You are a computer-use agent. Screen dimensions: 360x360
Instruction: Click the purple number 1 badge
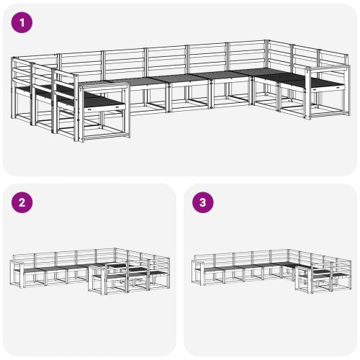point(22,22)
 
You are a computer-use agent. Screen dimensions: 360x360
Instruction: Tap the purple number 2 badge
point(22,202)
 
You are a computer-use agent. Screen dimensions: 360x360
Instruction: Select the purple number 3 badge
point(203,202)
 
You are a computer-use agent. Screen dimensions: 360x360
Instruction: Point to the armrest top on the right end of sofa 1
point(327,68)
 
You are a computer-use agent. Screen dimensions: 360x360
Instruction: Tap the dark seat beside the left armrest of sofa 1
point(104,102)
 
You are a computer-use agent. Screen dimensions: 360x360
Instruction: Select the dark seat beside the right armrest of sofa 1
point(328,84)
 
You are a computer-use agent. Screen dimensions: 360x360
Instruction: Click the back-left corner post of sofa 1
point(14,88)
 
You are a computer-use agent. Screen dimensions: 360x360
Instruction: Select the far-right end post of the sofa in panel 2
point(168,273)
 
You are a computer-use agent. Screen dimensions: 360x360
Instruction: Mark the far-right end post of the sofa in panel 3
point(350,274)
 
